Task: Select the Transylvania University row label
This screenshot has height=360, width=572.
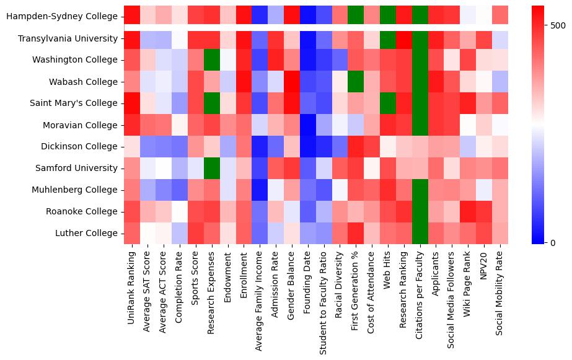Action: point(68,38)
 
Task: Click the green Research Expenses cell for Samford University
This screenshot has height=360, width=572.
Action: point(212,168)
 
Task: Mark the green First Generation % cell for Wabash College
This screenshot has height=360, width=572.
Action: point(355,81)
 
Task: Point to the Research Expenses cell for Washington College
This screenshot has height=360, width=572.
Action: point(212,59)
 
